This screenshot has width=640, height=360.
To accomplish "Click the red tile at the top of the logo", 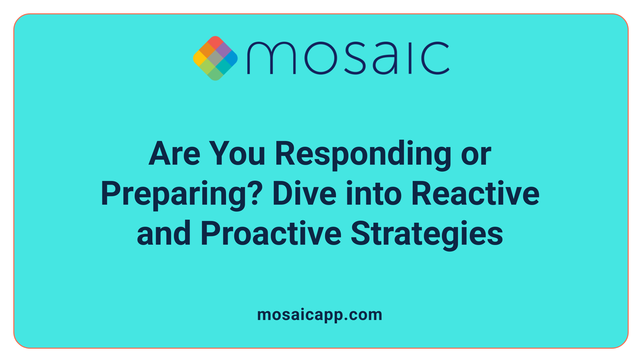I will tap(215, 42).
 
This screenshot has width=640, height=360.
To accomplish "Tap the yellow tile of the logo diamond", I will tap(199, 58).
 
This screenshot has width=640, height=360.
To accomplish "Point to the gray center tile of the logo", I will tap(215, 58).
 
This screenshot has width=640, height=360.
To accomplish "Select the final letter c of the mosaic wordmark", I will tap(435, 58).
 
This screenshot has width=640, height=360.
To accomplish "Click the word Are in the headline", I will tap(174, 154).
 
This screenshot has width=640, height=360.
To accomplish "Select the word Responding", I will tap(363, 154).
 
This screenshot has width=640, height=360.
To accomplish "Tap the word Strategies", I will tap(427, 234).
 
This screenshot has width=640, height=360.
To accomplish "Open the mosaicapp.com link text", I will tap(320, 315).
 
